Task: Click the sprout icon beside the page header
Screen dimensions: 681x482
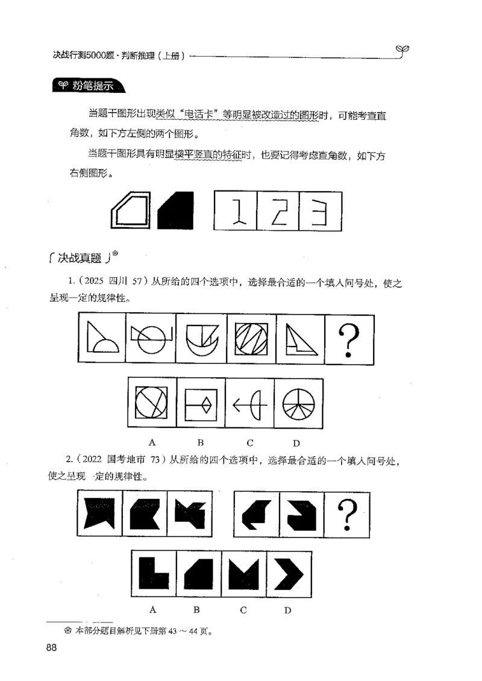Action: tap(403, 49)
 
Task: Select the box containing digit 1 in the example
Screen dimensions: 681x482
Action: tap(236, 210)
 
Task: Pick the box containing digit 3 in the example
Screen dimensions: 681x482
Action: tap(321, 210)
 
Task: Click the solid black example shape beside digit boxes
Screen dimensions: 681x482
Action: tap(176, 211)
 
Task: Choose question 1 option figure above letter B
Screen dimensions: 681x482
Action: tap(201, 403)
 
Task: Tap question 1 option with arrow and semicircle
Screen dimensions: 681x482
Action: tap(250, 403)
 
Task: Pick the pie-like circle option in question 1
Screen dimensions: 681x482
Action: tap(299, 403)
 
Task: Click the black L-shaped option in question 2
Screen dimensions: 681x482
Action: tap(154, 573)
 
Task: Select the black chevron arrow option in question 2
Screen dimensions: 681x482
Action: tap(288, 573)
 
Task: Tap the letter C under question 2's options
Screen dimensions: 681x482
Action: tap(243, 610)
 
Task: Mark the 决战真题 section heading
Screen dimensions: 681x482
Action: tap(81, 260)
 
